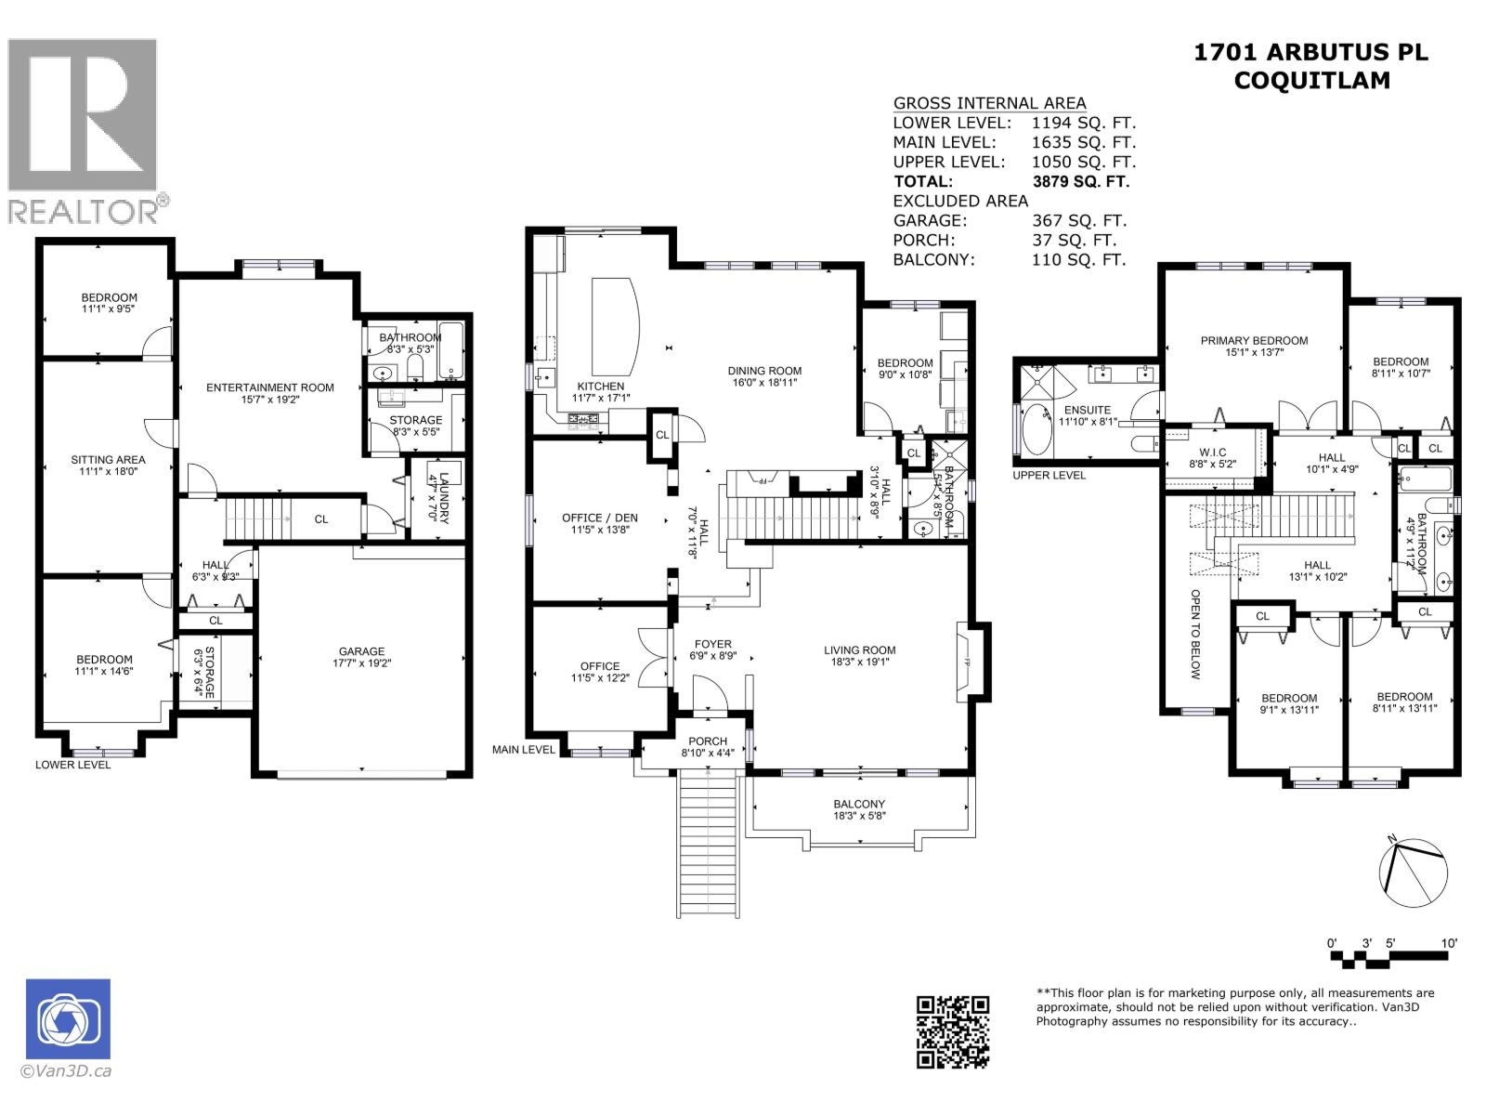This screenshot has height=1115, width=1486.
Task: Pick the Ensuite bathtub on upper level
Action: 1035,430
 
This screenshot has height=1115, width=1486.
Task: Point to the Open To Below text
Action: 1195,635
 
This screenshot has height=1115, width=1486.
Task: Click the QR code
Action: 953,1031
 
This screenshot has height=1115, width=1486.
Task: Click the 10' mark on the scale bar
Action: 1449,943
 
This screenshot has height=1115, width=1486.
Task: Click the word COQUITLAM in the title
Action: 1311,81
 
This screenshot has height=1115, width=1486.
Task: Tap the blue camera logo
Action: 68,1018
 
